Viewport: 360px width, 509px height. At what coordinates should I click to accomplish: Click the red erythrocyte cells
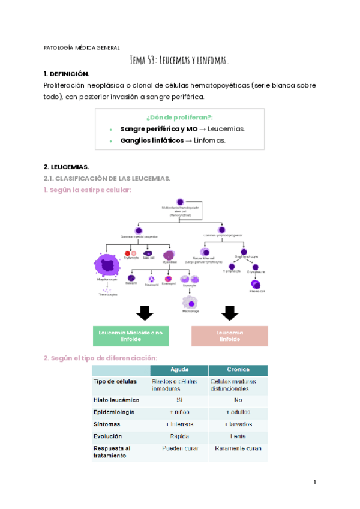(128, 254)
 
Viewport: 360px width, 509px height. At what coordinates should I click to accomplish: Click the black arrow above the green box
(145, 313)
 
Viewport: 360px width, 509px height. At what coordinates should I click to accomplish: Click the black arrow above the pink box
(229, 313)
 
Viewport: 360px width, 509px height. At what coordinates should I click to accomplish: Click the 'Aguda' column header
(179, 369)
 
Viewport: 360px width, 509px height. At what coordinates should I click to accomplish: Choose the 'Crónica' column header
(238, 369)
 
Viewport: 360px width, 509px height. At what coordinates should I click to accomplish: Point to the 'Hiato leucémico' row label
(116, 399)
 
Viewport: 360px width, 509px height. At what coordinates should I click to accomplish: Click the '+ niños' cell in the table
(179, 412)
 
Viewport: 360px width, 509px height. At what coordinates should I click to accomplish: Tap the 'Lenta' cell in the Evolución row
(238, 436)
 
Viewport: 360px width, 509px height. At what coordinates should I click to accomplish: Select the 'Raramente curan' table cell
(238, 448)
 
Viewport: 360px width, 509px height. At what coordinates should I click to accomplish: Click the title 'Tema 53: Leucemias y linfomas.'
(179, 61)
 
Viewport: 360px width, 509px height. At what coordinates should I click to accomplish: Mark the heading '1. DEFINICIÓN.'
(67, 74)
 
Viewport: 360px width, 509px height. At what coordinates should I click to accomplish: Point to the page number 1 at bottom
(314, 482)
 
